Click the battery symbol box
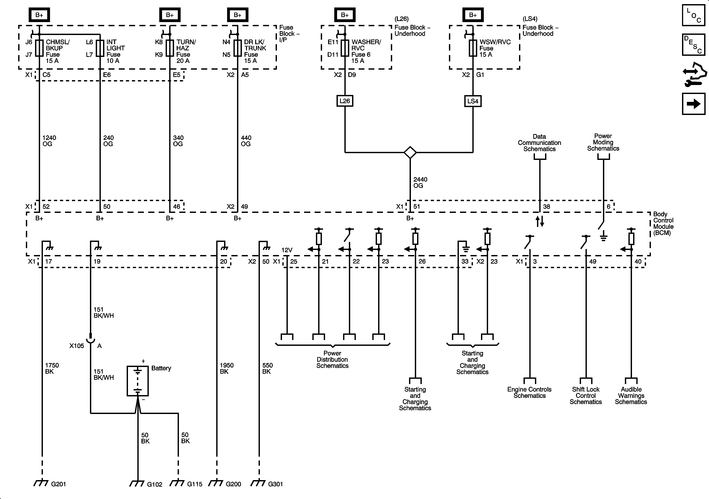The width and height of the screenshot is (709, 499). (138, 381)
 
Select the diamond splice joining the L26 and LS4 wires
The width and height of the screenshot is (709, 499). (410, 152)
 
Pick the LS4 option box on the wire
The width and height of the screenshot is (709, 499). (473, 101)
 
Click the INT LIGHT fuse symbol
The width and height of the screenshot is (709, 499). (100, 48)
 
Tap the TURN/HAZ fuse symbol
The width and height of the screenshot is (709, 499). (170, 48)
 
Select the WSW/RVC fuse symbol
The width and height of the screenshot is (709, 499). (473, 48)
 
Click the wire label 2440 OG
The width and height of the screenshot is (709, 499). (420, 182)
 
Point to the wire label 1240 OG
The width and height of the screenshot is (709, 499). (49, 141)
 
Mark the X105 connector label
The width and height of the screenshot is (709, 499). (77, 346)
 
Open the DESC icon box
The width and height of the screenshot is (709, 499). (694, 45)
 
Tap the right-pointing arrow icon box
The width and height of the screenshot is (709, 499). (694, 104)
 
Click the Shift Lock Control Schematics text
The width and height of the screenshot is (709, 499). (586, 396)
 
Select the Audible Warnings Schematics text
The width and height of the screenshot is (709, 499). (631, 396)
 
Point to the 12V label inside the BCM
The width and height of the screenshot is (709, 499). (287, 250)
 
